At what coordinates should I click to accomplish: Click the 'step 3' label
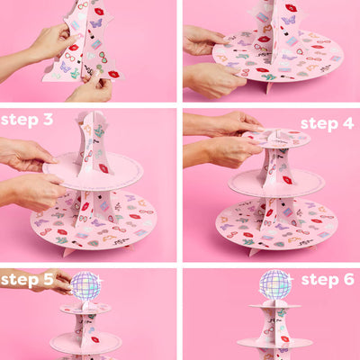coord(27,120)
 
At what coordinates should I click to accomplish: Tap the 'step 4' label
coord(327,123)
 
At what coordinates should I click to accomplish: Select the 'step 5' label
coord(27,280)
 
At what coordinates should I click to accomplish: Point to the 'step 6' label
coord(327,280)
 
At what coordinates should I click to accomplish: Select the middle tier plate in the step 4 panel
coord(274,183)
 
